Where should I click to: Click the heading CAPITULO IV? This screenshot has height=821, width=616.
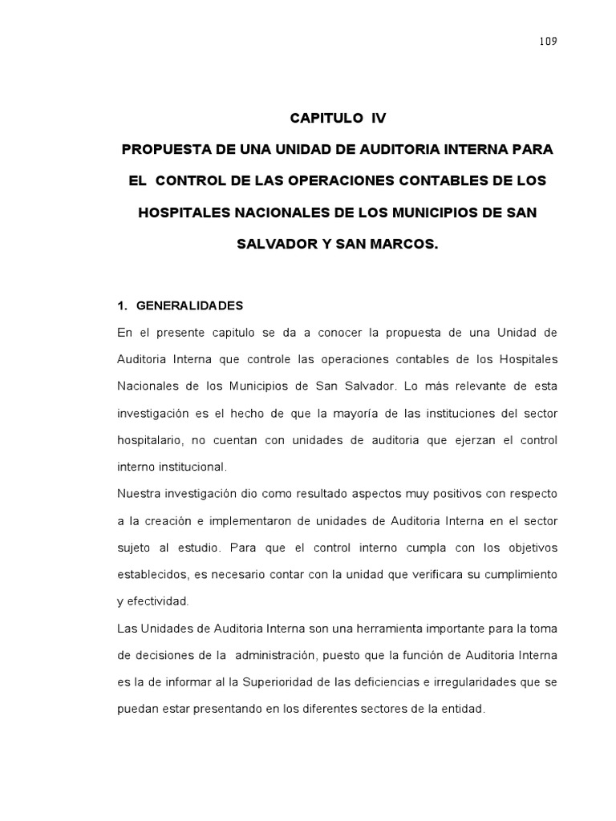(338, 118)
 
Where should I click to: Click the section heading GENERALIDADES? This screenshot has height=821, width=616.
(190, 306)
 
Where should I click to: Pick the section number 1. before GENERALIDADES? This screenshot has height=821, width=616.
(123, 306)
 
